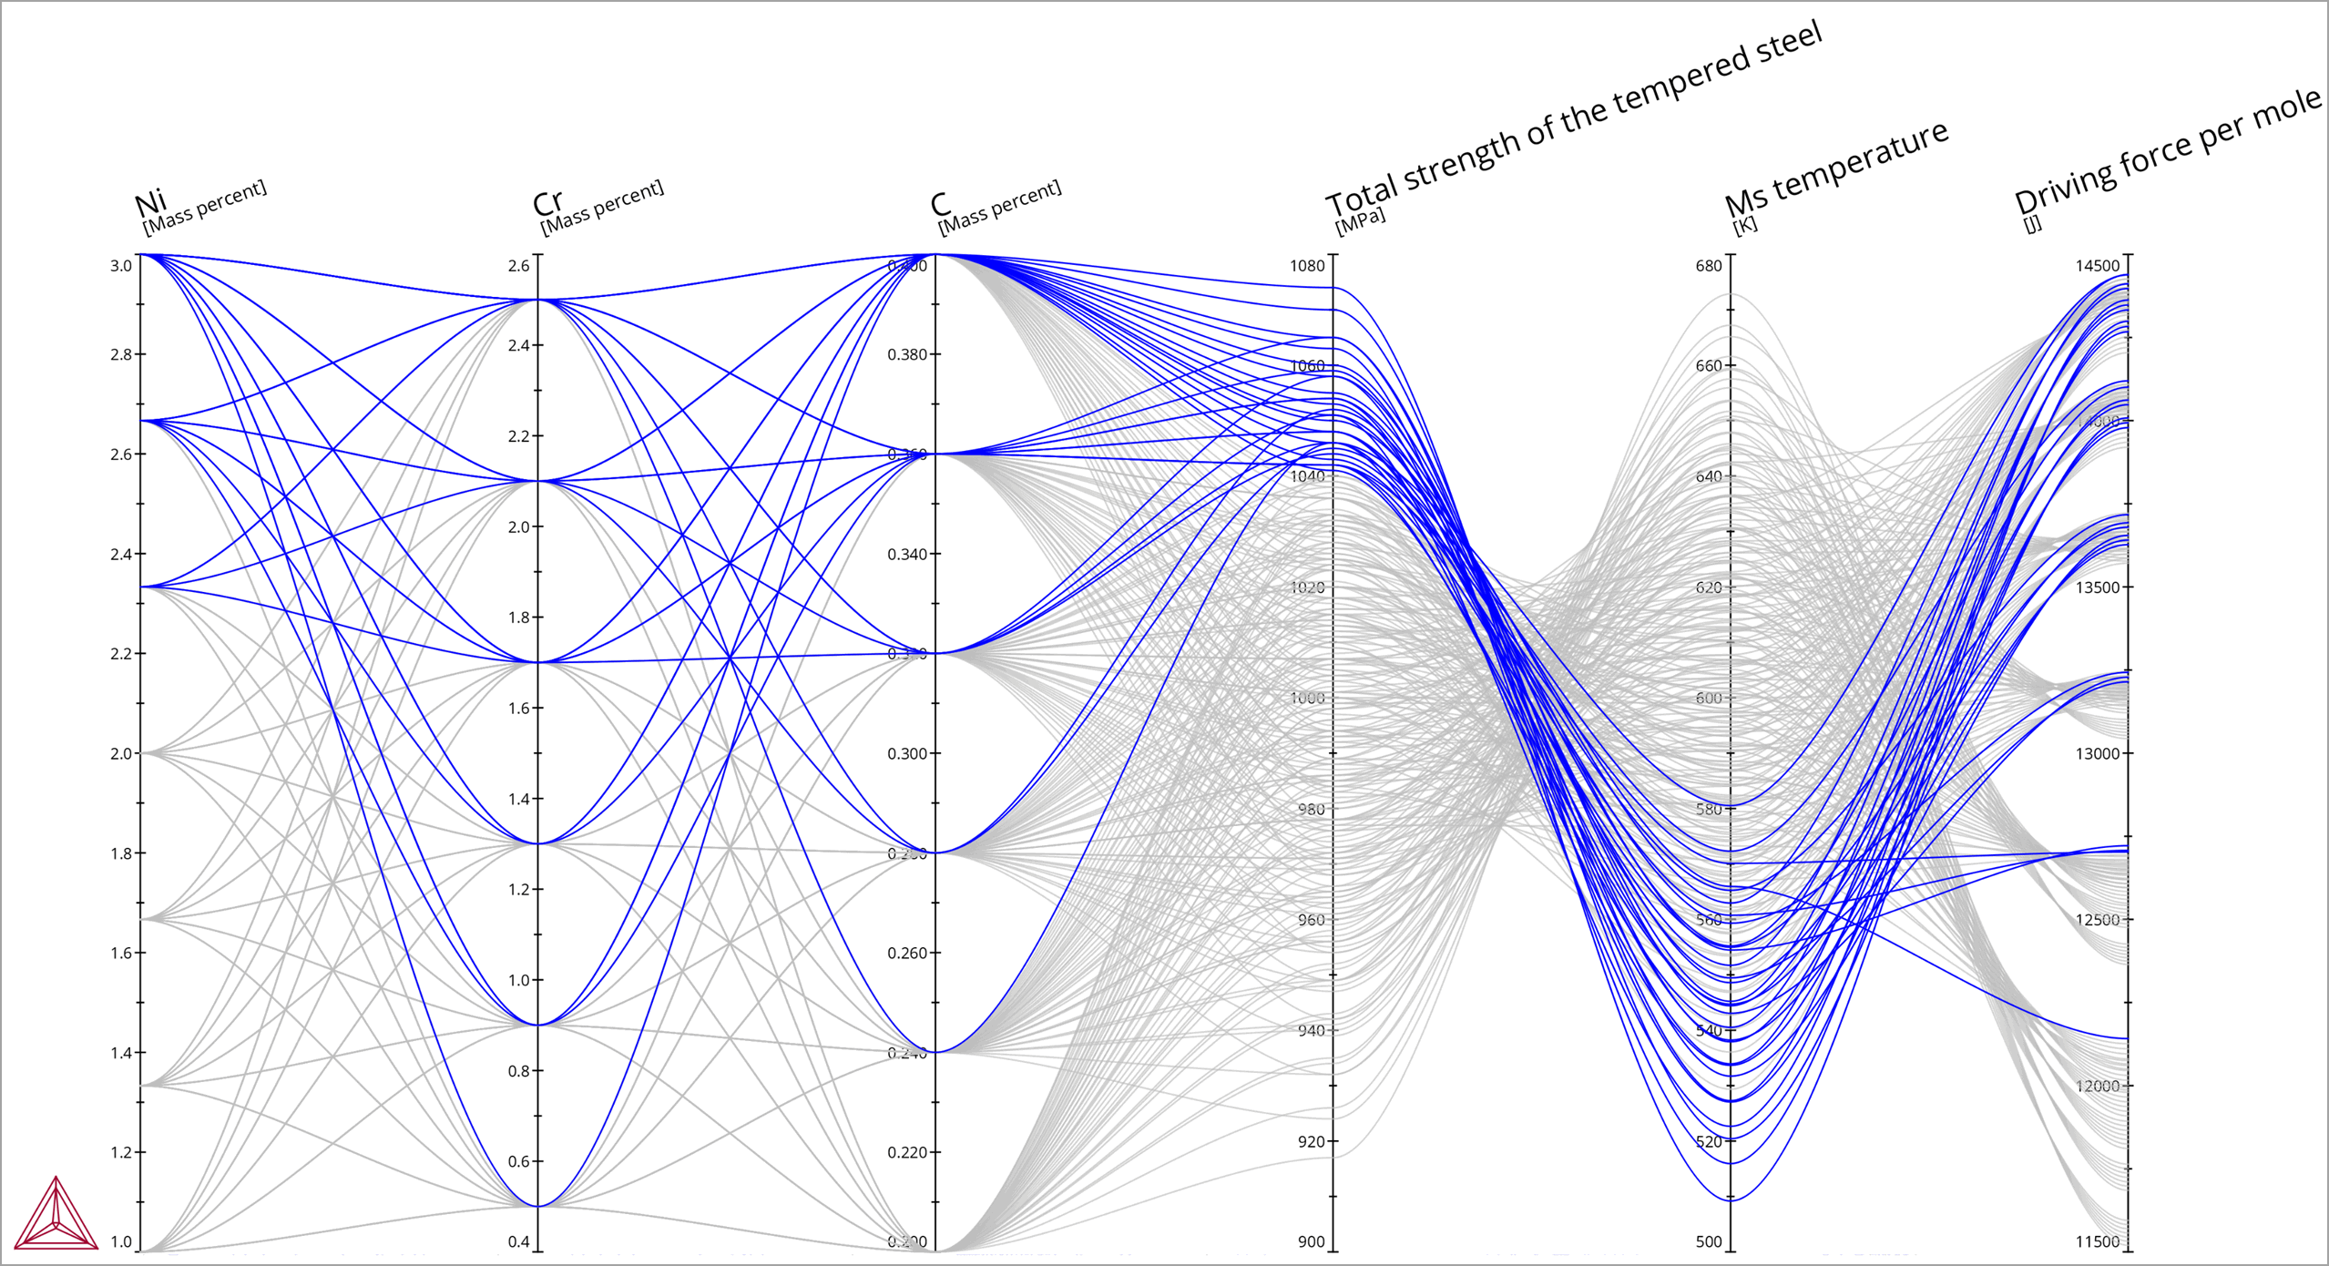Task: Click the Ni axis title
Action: click(x=150, y=202)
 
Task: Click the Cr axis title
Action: click(x=547, y=202)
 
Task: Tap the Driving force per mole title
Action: click(x=2167, y=149)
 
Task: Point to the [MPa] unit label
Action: click(x=1359, y=220)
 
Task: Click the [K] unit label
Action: click(x=1744, y=224)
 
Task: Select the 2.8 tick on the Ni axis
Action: click(x=121, y=354)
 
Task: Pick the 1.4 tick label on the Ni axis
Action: click(x=121, y=1053)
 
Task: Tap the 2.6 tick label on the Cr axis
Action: click(x=518, y=266)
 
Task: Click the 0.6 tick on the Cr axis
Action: click(x=518, y=1161)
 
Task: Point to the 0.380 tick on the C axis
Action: click(x=907, y=354)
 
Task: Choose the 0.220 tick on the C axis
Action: click(x=907, y=1152)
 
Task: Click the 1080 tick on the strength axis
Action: click(x=1307, y=266)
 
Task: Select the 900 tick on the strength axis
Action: click(x=1311, y=1241)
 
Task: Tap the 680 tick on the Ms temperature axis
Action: click(x=1709, y=266)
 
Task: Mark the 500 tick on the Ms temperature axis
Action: click(x=1709, y=1241)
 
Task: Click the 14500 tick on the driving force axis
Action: click(x=2098, y=266)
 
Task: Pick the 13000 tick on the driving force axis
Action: click(x=2098, y=753)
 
